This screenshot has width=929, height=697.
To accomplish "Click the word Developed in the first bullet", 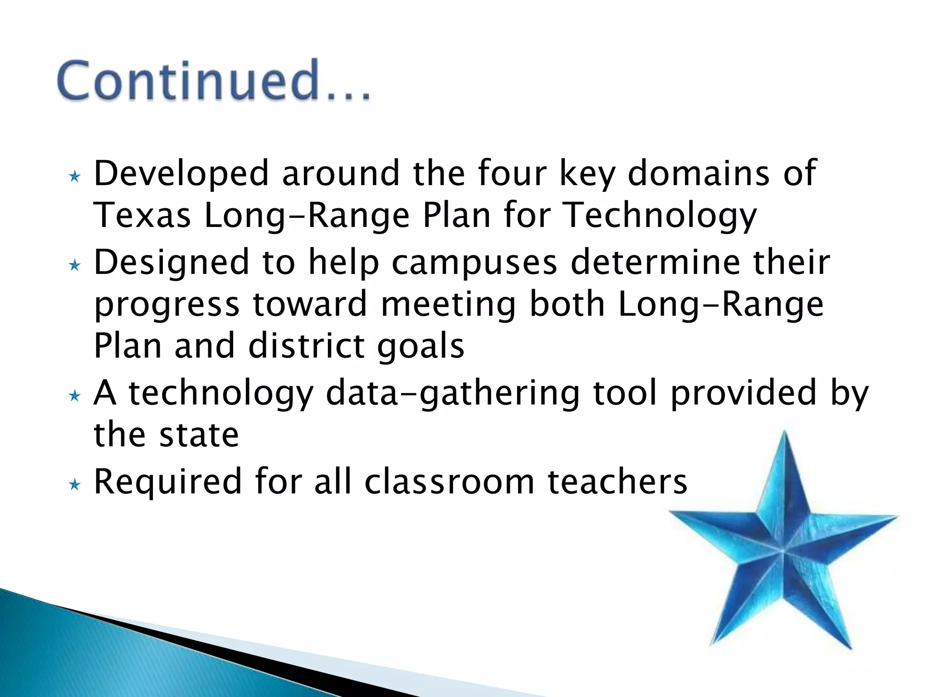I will (181, 174).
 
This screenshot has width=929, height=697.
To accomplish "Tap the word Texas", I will (142, 216).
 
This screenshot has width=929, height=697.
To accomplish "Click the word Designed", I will (171, 263).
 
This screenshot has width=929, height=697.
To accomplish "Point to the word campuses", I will (474, 263).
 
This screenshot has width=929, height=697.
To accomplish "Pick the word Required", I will (167, 482).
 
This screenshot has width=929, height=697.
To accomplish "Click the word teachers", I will (617, 482).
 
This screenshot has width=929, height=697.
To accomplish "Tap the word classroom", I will (450, 482).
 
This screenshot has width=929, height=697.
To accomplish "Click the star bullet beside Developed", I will (74, 177).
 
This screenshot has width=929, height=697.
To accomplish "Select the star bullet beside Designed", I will (74, 265).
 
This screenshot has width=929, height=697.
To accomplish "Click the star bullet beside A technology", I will (74, 397).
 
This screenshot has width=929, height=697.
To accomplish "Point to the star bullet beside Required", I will (74, 486).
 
